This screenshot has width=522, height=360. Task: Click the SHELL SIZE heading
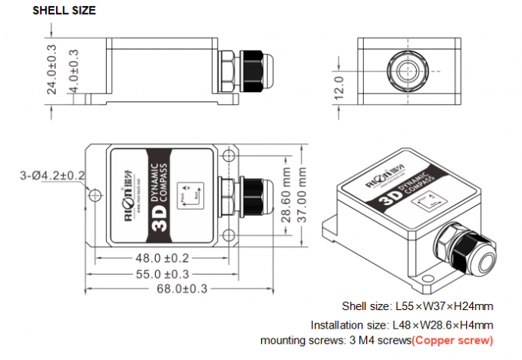pos(64,10)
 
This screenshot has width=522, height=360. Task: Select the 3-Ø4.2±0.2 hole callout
pos(52,177)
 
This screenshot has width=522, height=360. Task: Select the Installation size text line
pos(401,324)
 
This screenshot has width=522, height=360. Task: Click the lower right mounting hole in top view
pos(227,234)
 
